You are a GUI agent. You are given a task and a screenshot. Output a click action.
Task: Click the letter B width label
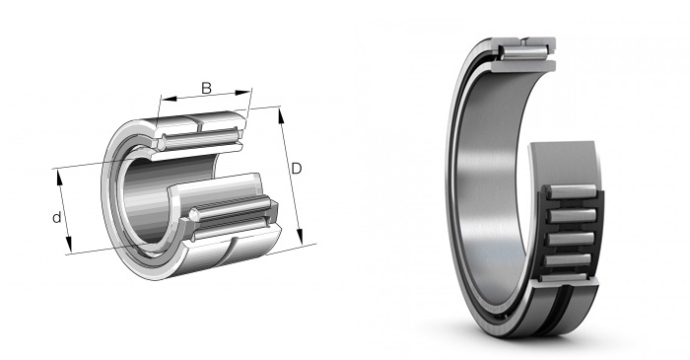(206, 88)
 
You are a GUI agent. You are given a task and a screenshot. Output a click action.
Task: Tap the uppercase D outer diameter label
(297, 169)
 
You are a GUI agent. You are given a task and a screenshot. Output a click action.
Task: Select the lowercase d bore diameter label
(57, 217)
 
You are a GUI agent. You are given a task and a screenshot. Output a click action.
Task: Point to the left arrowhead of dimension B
(169, 99)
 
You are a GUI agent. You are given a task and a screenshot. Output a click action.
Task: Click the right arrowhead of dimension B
(242, 93)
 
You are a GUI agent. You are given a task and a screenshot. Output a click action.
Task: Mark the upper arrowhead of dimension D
(281, 115)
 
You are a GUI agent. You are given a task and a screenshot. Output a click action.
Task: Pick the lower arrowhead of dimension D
(300, 236)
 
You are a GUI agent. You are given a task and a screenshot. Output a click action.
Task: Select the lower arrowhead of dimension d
(69, 245)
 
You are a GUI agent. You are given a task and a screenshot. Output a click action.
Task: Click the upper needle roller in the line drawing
(200, 139)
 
